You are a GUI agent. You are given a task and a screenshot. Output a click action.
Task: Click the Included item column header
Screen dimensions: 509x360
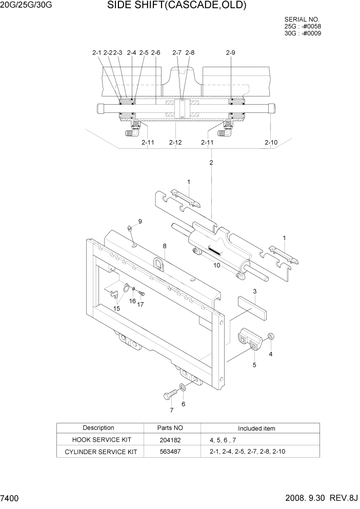click(x=256, y=428)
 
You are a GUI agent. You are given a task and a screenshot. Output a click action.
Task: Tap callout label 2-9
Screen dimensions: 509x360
click(x=230, y=52)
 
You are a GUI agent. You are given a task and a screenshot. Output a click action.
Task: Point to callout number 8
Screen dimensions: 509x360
click(x=165, y=246)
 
